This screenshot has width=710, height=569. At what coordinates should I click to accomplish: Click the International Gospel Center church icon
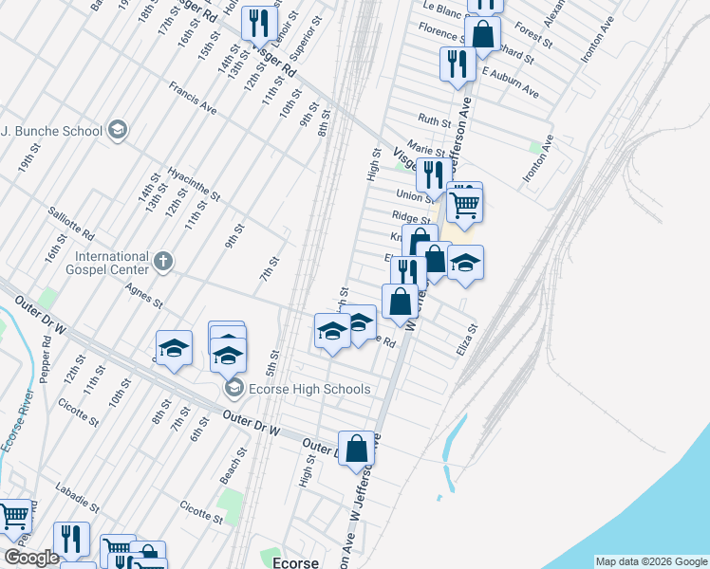point(163,261)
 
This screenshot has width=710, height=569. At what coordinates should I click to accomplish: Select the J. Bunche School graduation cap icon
point(118,130)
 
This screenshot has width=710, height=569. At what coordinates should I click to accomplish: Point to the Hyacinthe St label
point(193,184)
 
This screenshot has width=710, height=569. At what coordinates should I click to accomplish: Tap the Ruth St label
point(435,121)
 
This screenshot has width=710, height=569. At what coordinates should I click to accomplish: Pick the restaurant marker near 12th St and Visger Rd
point(257,23)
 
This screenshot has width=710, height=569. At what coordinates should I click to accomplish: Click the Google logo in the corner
point(30,559)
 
